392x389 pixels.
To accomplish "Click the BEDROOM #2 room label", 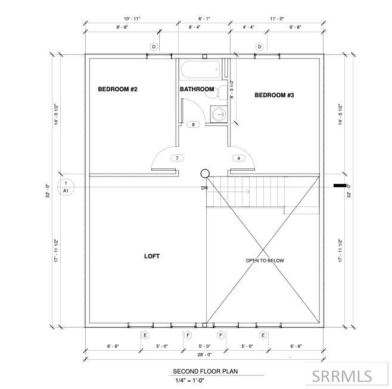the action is coord(117,89).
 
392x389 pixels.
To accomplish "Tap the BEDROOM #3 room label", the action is coord(274,95).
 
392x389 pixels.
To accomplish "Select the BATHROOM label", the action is coord(197,89).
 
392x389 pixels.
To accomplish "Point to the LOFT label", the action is coord(152,256).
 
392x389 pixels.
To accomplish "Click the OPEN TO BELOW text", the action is coord(265,261).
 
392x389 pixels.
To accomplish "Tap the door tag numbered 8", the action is coord(193,125).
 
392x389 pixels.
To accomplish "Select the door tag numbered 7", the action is coord(177,158).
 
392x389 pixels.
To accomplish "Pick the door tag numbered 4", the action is coord(239,158).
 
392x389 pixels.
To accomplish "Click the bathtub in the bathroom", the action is coord(201,69).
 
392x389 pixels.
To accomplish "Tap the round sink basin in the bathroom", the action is coord(219,115).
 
